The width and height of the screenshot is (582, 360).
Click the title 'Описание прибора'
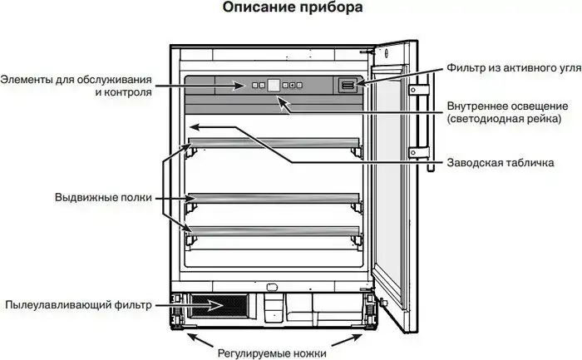pyautogui.click(x=280, y=9)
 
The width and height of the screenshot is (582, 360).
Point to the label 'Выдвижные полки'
pyautogui.click(x=104, y=198)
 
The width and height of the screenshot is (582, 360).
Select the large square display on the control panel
pyautogui.click(x=274, y=84)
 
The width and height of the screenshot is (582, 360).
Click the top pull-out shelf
pyautogui.click(x=274, y=143)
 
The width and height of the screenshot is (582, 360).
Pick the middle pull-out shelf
pyautogui.click(x=274, y=198)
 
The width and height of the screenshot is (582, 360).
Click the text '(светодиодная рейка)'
pyautogui.click(x=501, y=119)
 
